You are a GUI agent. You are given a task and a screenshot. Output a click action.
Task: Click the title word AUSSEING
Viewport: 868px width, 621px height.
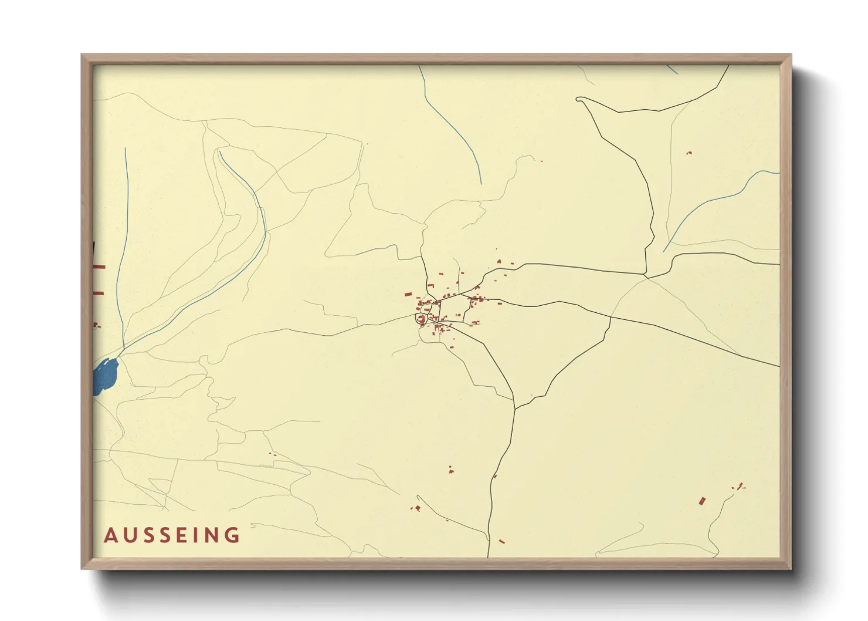pyautogui.click(x=172, y=535)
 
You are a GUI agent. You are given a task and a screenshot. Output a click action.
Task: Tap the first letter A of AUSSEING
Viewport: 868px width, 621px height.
pyautogui.click(x=110, y=535)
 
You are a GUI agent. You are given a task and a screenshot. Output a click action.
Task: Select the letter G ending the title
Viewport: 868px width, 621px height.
pyautogui.click(x=234, y=535)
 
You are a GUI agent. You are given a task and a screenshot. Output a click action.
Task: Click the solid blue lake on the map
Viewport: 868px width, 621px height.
pyautogui.click(x=106, y=376)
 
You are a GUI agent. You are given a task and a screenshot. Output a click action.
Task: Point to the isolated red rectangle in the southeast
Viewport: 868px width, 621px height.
pyautogui.click(x=702, y=501)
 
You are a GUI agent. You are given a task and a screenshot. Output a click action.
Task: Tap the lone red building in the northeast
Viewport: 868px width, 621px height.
pyautogui.click(x=689, y=153)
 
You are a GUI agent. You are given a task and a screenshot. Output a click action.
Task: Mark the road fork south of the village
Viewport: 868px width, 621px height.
pyautogui.click(x=515, y=407)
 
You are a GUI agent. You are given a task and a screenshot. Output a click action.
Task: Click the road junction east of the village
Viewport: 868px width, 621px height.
pyautogui.click(x=646, y=275)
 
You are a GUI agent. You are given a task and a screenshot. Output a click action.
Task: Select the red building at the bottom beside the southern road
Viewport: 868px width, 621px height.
pyautogui.click(x=501, y=541)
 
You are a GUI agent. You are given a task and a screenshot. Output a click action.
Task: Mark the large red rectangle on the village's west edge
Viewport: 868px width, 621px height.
pyautogui.click(x=406, y=295)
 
